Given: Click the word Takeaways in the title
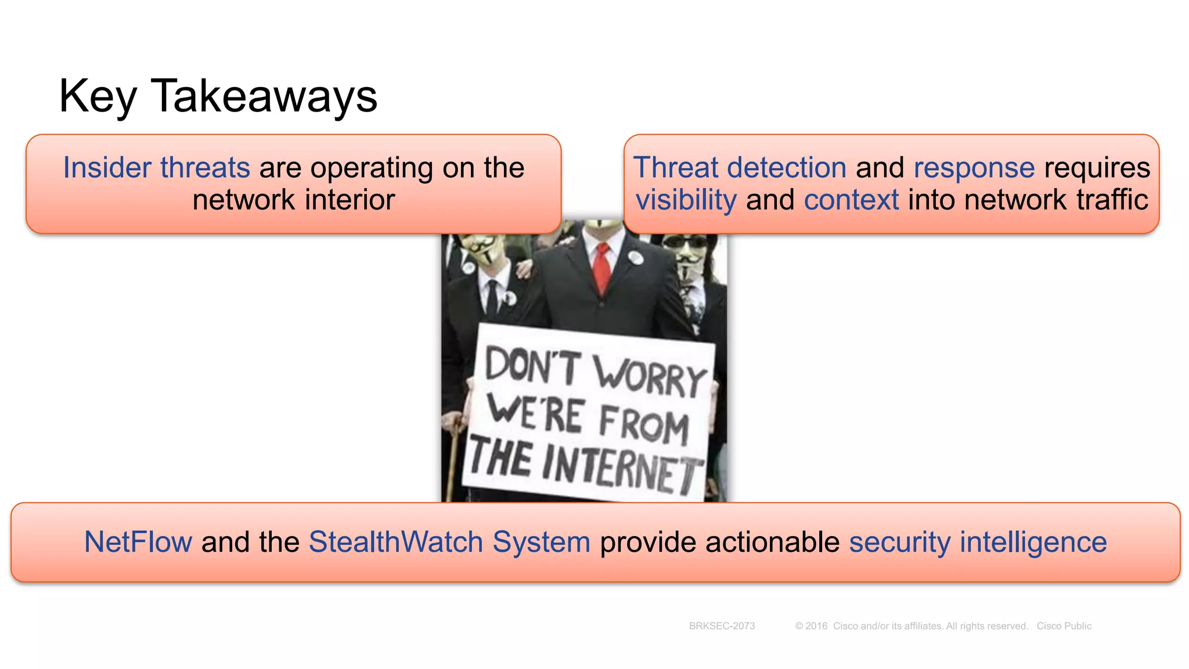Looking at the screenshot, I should point(264,96).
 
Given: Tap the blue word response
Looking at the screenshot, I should point(974,168).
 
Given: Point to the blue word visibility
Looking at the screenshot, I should point(686,200).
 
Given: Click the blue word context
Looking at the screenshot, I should point(851,200).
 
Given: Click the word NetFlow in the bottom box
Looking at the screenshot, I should point(138,542).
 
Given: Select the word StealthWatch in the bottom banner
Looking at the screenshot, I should point(395,542).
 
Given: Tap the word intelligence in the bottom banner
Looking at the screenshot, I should point(1033,542).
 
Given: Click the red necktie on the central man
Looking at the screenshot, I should point(602,267).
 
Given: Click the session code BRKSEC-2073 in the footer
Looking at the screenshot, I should point(722,626).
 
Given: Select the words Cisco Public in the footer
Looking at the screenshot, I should point(1064,626).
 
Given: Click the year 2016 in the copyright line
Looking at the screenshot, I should point(816,626).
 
